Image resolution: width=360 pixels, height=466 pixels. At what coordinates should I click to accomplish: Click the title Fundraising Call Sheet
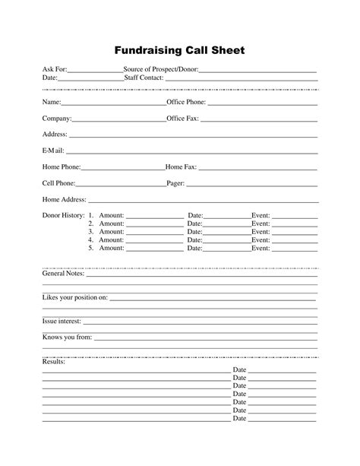[180, 51]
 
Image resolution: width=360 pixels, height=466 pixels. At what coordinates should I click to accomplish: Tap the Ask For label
[55, 70]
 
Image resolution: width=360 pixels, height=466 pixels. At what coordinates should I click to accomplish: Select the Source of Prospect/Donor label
[161, 70]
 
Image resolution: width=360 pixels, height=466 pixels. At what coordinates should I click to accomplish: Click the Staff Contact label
[144, 78]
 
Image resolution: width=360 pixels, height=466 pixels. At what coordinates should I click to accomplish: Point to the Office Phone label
[185, 102]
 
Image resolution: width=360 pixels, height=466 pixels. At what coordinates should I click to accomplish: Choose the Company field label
[57, 119]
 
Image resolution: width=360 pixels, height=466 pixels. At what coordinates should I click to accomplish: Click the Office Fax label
[182, 119]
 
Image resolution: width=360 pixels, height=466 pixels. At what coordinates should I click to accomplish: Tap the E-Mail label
[53, 151]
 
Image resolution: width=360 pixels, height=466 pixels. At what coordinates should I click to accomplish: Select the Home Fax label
[181, 166]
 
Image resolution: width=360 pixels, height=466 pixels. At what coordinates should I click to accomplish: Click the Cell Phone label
[58, 183]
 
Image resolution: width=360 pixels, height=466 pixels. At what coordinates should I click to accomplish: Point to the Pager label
[175, 183]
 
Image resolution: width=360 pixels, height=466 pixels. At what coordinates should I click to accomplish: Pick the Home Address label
[64, 200]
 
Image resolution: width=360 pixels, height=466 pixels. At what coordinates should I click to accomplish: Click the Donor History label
[63, 216]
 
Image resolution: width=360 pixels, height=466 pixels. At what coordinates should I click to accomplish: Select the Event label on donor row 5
[261, 248]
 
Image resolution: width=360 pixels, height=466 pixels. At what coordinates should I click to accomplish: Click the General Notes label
[63, 273]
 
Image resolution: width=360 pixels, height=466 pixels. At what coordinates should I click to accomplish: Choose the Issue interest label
[62, 322]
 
